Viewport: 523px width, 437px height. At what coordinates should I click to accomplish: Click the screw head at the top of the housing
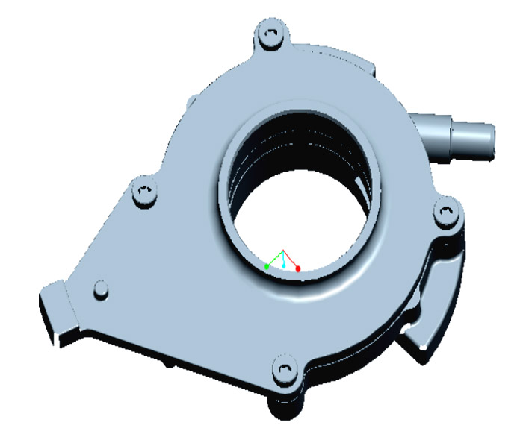(x=271, y=35)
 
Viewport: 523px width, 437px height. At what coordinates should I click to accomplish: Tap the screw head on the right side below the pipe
(x=447, y=213)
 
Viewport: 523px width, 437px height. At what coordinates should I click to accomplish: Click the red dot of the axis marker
(x=298, y=268)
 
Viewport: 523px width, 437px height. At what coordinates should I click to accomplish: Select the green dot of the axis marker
(x=267, y=266)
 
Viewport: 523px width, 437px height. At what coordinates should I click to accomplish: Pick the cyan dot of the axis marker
(x=284, y=265)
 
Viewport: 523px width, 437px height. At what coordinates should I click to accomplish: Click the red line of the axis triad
(x=291, y=259)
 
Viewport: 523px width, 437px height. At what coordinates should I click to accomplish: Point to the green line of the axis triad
(x=274, y=259)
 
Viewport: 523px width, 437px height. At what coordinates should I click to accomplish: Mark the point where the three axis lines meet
(x=282, y=251)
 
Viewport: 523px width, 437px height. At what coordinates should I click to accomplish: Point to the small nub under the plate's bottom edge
(x=166, y=365)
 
